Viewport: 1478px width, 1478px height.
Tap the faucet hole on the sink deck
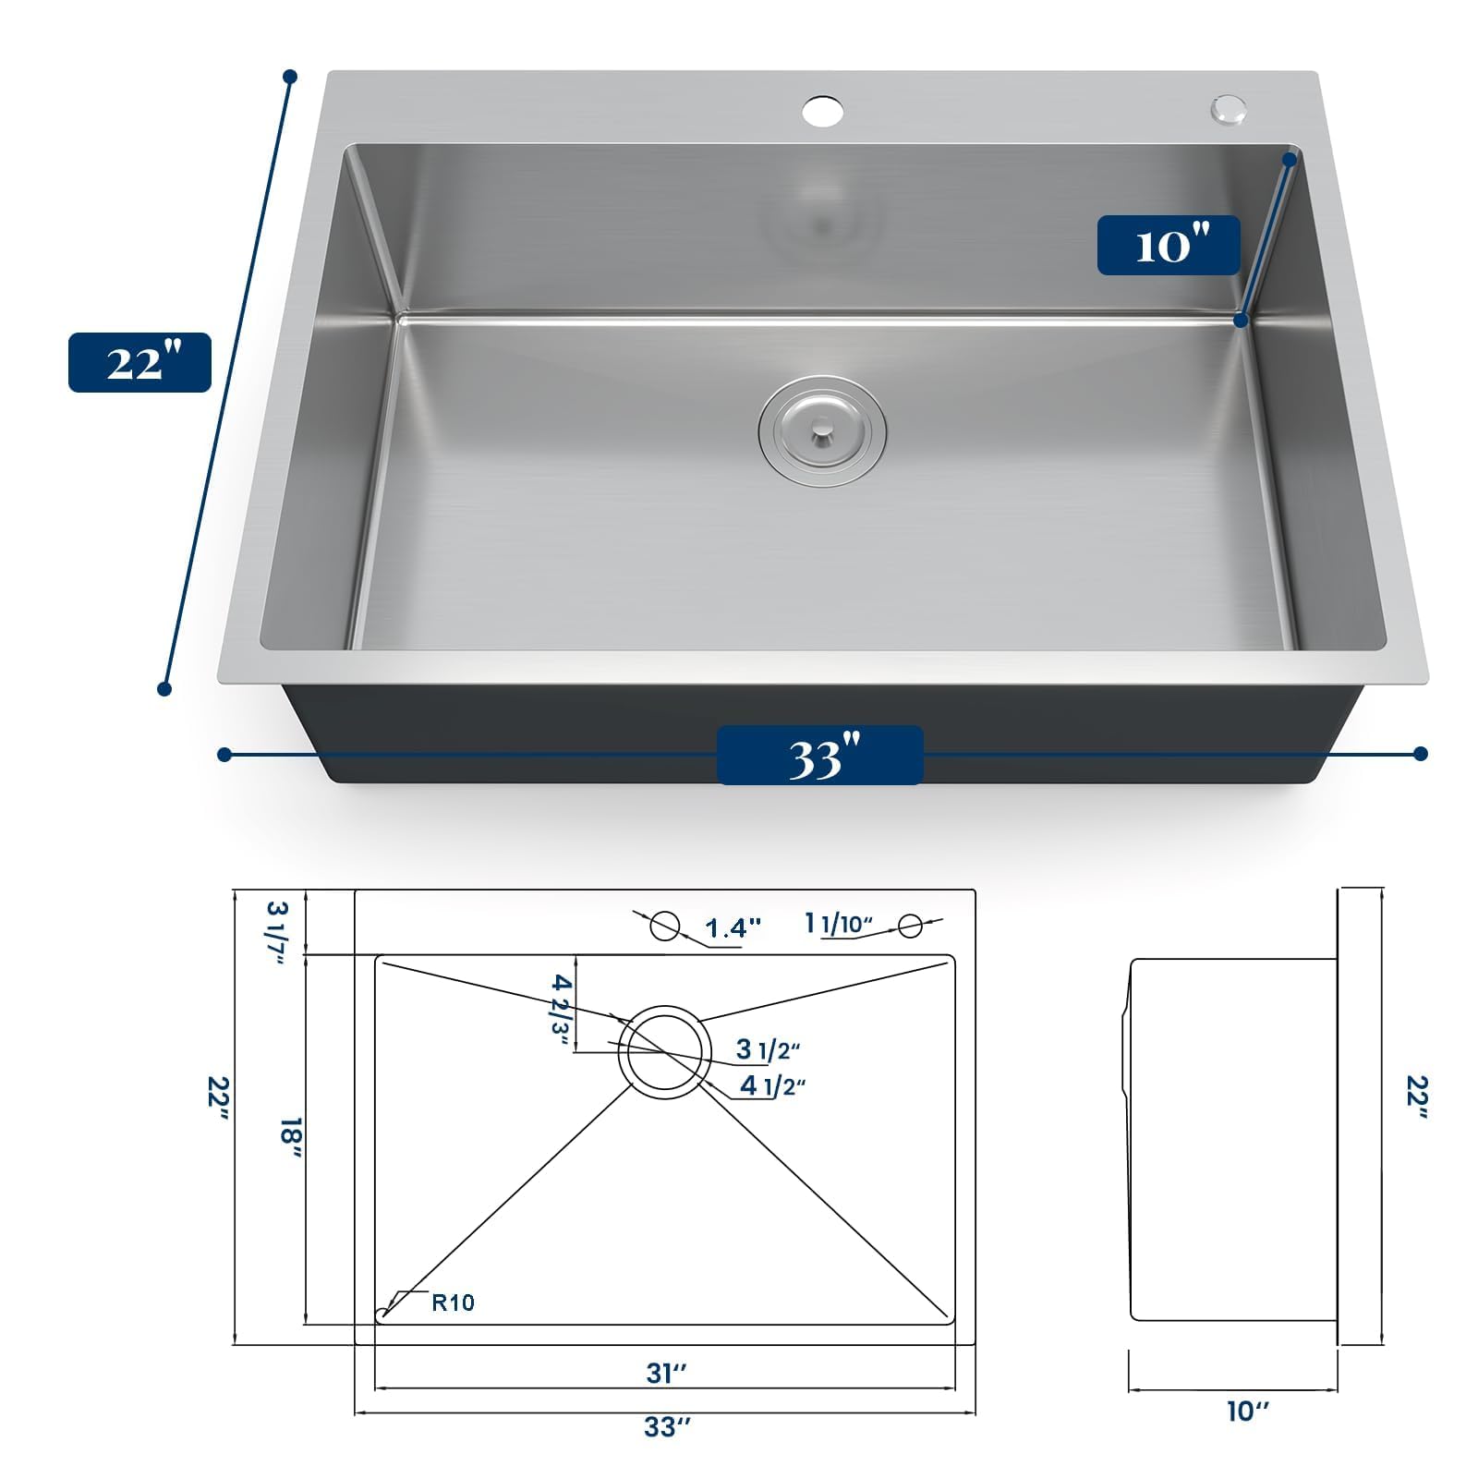coord(822,112)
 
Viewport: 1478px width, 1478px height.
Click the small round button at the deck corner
coord(1229,108)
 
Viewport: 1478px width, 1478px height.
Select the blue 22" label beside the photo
coord(139,362)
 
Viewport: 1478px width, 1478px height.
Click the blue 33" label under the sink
coord(820,756)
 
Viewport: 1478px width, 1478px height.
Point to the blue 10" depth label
coord(1169,246)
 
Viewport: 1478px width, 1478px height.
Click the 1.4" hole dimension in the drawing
coord(733,927)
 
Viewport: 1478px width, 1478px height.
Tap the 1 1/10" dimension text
coord(839,923)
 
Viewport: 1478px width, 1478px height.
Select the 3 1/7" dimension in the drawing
coord(277,932)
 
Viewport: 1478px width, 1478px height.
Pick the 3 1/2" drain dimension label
coord(768,1049)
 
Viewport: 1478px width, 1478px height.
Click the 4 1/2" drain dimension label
coord(772,1085)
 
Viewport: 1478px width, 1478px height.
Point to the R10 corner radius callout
coord(453,1302)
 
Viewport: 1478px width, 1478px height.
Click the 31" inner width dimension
coord(666,1374)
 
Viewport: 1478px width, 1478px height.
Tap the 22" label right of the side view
coord(1416,1097)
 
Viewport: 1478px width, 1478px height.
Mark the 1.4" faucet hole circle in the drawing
coord(665,913)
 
